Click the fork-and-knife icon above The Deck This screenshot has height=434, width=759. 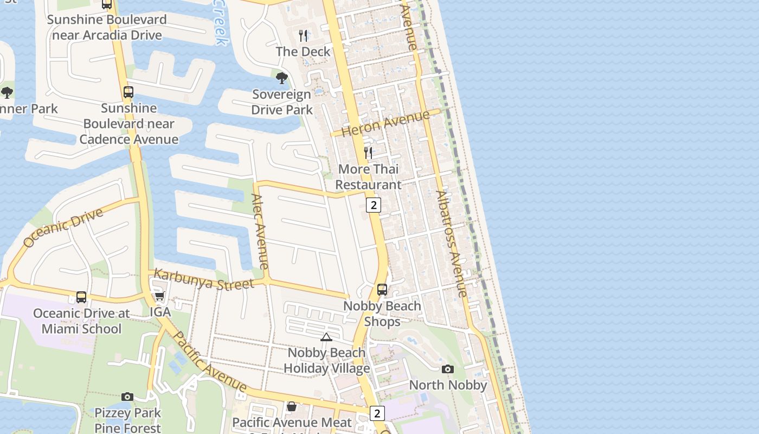(303, 36)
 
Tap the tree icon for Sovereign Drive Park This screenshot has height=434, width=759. (281, 78)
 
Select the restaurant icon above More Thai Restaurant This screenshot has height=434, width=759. (368, 153)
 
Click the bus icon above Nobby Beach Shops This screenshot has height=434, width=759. (382, 290)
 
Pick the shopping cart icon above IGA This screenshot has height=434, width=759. (159, 296)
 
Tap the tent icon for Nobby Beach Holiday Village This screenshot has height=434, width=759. (326, 337)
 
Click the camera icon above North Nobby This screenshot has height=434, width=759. (448, 369)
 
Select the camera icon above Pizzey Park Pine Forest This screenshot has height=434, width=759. (127, 397)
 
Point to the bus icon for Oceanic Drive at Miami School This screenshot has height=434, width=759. (81, 297)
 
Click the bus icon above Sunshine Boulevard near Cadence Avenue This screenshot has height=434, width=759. (128, 92)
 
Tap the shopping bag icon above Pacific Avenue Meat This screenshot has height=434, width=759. (292, 406)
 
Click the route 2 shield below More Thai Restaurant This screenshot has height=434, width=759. (374, 205)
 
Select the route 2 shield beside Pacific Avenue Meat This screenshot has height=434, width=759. (377, 413)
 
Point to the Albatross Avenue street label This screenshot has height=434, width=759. (451, 244)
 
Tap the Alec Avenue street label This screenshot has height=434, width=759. (260, 232)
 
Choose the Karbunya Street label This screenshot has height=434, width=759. (204, 279)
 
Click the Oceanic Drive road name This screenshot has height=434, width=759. (63, 227)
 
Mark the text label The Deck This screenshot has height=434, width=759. (303, 52)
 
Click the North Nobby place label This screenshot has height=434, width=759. (448, 385)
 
